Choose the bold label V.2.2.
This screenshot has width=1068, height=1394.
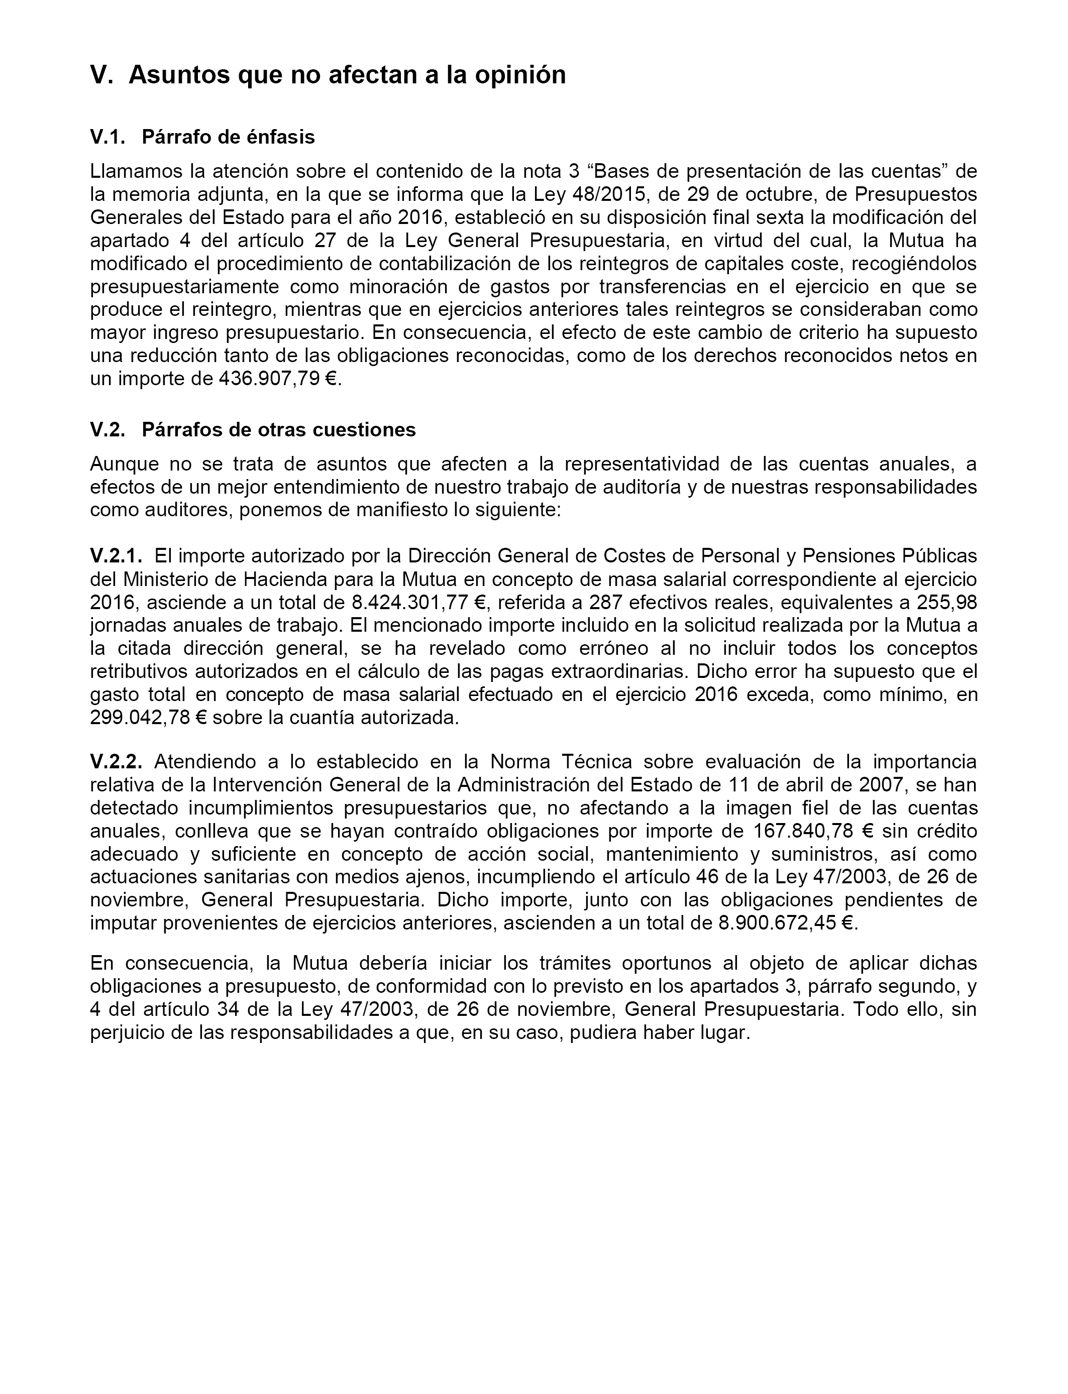[117, 762]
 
